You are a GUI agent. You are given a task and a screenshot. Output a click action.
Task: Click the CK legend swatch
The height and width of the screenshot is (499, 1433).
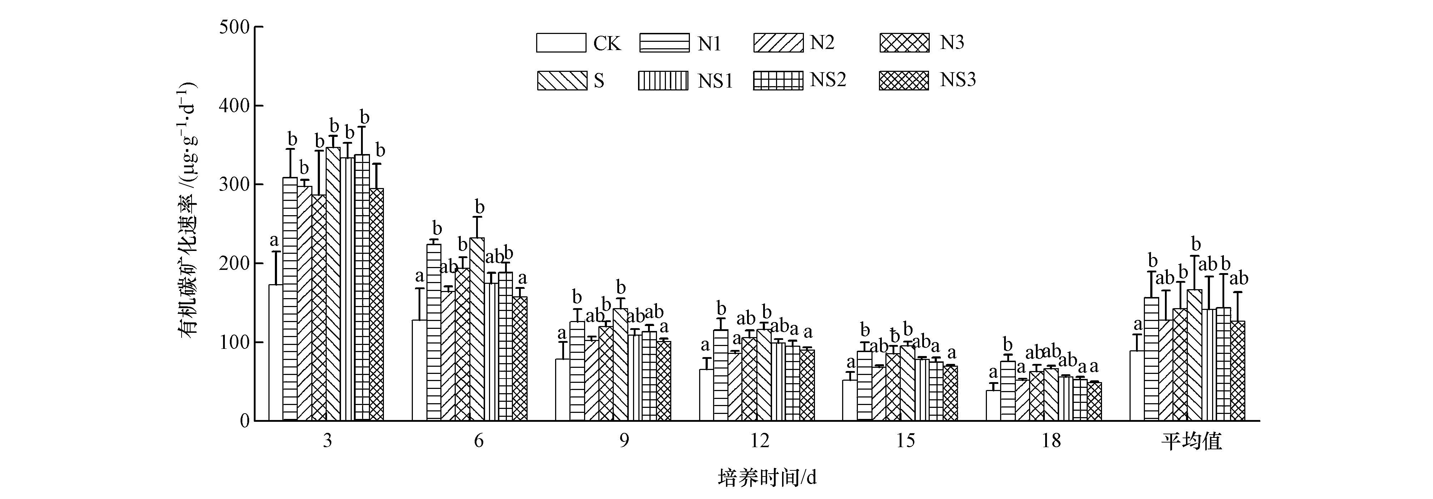pos(561,43)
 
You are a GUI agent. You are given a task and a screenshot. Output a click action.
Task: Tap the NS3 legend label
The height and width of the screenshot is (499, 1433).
pos(958,80)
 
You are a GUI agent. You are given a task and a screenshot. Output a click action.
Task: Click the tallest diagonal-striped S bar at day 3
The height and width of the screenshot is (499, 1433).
pos(333,284)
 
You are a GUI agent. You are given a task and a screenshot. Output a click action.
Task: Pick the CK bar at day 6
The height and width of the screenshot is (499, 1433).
pos(419,370)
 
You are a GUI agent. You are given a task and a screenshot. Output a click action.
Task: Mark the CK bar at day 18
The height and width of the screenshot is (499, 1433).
pos(993,406)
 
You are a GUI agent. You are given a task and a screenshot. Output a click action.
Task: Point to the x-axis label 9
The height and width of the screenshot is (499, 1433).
pos(624,441)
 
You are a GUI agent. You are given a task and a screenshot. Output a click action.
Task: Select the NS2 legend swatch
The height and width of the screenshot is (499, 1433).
pos(778,80)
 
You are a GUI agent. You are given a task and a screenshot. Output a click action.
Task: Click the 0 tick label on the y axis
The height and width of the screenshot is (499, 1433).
pos(245,421)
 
